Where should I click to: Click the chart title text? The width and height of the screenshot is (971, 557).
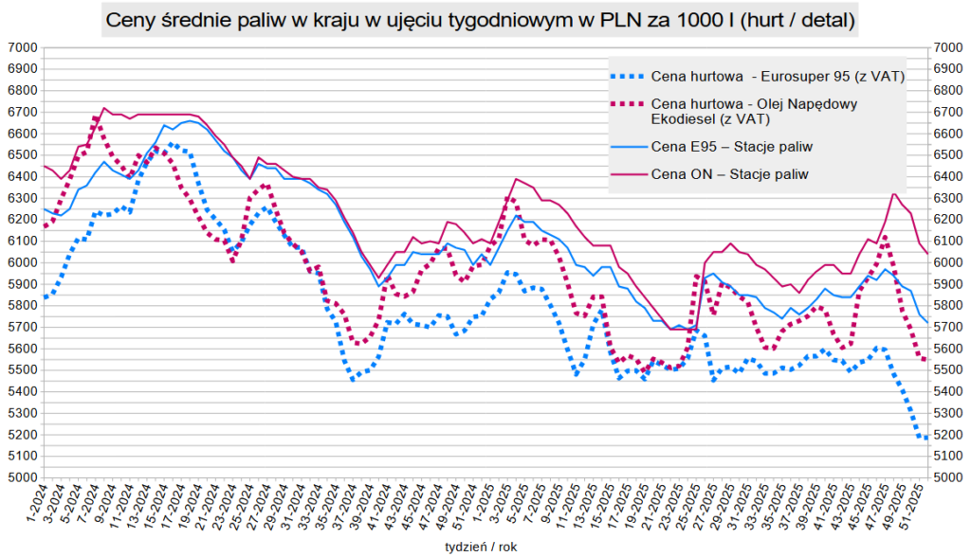pyautogui.click(x=480, y=19)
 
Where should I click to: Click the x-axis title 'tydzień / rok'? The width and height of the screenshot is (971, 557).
pyautogui.click(x=482, y=547)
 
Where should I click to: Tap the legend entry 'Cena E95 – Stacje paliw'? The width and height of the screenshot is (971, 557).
pyautogui.click(x=732, y=147)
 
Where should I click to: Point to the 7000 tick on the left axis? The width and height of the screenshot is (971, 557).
pyautogui.click(x=21, y=47)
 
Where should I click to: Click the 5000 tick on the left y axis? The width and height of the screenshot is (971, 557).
pyautogui.click(x=21, y=477)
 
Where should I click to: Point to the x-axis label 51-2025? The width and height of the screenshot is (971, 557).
pyautogui.click(x=917, y=503)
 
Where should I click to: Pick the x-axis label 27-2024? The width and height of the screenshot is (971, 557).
pyautogui.click(x=266, y=503)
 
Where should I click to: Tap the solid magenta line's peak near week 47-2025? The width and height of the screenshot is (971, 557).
pyautogui.click(x=893, y=192)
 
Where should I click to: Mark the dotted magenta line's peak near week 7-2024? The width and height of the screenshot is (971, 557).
pyautogui.click(x=96, y=117)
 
